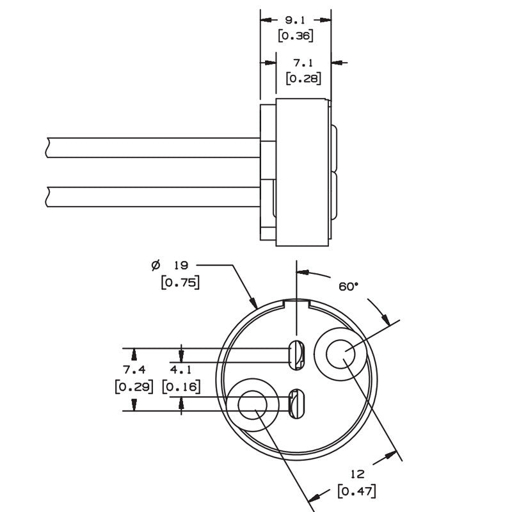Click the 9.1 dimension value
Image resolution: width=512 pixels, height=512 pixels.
tap(295, 20)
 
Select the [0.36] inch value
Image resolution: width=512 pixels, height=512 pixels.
tap(295, 36)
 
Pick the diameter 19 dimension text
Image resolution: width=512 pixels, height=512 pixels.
tap(171, 265)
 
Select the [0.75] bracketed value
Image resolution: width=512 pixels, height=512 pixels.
tap(180, 282)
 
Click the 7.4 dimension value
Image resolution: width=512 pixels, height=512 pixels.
tap(134, 370)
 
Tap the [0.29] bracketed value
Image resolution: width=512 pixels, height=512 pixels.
tap(134, 387)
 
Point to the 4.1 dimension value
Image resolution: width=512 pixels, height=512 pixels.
tap(182, 370)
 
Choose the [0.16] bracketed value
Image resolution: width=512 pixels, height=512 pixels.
tap(182, 387)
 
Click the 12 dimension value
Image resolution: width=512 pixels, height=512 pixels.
tap(357, 474)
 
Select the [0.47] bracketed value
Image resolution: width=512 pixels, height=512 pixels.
tap(357, 491)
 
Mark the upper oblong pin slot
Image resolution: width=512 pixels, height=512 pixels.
tap(297, 355)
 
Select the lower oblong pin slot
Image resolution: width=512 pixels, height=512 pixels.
tap(296, 403)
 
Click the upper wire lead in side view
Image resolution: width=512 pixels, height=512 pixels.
tap(154, 147)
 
